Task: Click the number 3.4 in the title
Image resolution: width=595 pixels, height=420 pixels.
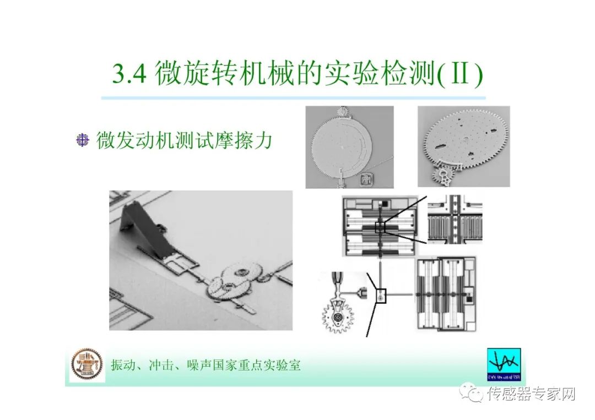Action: (x=129, y=74)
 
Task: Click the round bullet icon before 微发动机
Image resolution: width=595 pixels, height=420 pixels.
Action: (x=82, y=140)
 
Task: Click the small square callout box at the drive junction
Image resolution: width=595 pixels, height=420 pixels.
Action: (x=380, y=296)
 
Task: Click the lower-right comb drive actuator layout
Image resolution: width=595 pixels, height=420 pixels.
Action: (x=445, y=294)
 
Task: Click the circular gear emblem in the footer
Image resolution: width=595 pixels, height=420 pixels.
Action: (x=87, y=364)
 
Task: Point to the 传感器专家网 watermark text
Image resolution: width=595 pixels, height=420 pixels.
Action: (x=531, y=394)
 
